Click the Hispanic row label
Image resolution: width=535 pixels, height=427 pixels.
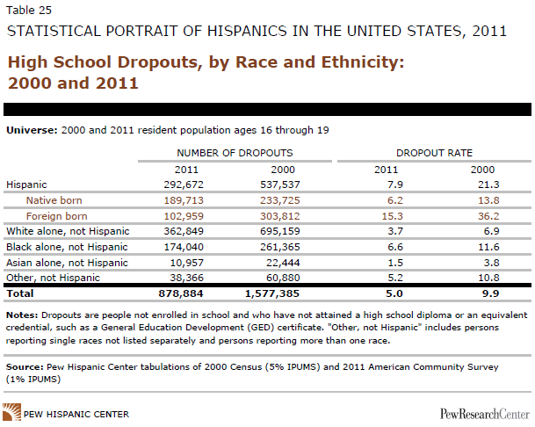pos(25,185)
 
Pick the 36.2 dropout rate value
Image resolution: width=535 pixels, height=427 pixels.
pos(478,216)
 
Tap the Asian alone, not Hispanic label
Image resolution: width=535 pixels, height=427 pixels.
pos(67,262)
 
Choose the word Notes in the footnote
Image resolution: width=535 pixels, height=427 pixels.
pos(21,315)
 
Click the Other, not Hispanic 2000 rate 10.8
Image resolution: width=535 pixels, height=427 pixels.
pos(478,277)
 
